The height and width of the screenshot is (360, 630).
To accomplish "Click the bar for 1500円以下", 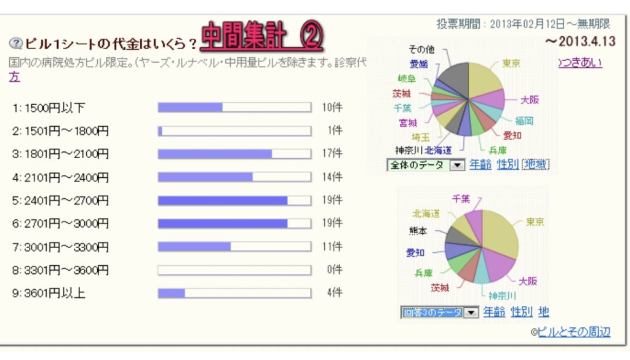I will tap(234, 108).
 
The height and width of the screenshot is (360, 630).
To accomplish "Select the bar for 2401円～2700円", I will tap(234, 201).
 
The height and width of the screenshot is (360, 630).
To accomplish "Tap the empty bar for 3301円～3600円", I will tap(234, 270).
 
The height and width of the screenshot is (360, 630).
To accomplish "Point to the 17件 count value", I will tap(332, 154).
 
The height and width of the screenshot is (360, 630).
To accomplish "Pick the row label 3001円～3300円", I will tap(60, 247).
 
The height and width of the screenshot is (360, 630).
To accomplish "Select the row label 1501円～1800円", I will tap(60, 131).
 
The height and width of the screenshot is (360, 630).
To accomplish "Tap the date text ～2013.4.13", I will tap(580, 41).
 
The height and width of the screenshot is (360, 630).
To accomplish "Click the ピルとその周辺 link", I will tap(573, 332).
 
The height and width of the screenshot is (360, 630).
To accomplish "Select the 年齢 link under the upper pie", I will tap(480, 164).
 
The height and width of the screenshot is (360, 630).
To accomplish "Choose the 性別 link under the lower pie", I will tap(521, 312).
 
